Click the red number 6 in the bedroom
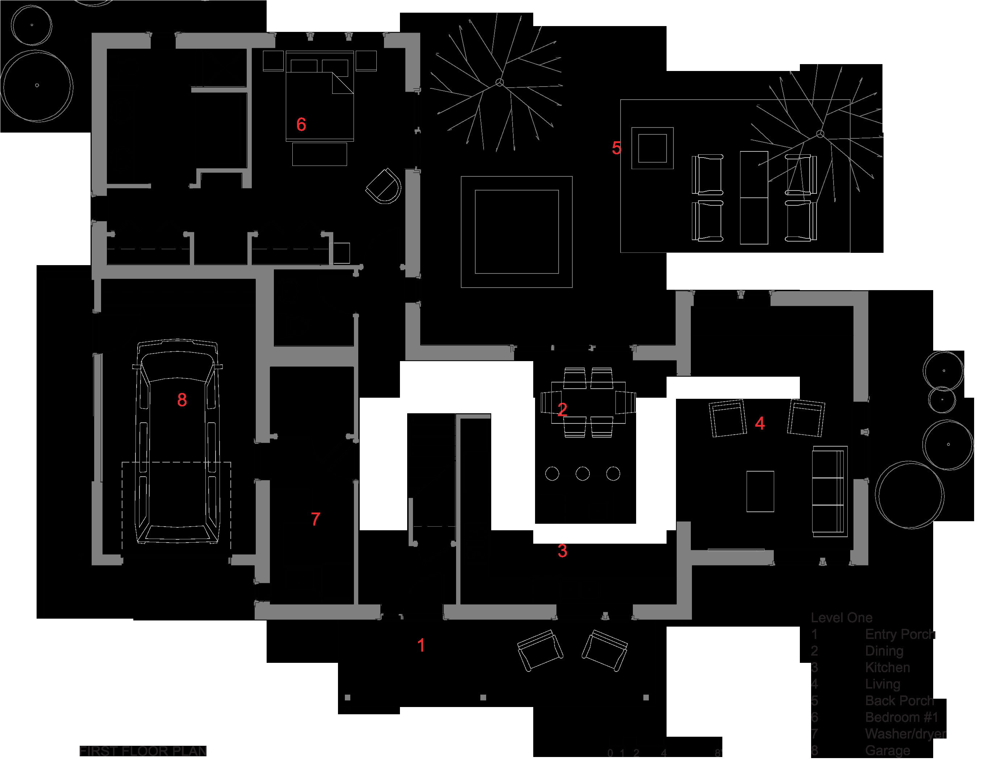301,124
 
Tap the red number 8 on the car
182,400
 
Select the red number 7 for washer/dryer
315,519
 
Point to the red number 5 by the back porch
616,148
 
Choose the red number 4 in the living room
760,423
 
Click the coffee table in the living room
760,491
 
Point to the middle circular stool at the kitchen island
583,474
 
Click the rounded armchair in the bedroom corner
384,186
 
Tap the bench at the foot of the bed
319,154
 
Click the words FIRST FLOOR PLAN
143,751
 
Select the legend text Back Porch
899,701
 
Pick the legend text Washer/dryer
905,734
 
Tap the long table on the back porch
754,197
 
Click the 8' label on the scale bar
718,753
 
